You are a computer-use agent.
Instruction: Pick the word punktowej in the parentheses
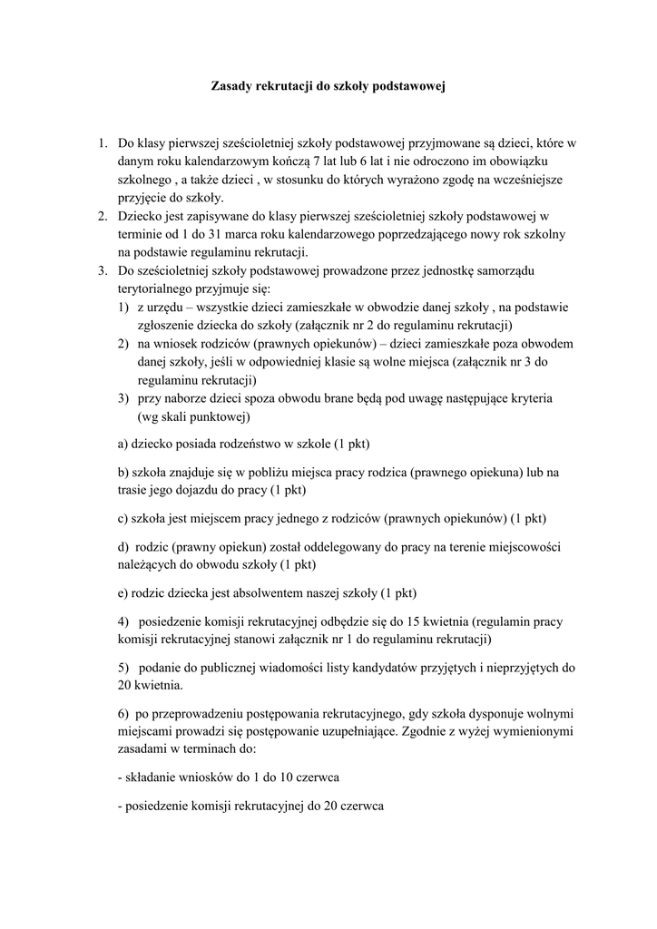(x=213, y=417)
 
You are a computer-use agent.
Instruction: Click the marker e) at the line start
(x=124, y=594)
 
